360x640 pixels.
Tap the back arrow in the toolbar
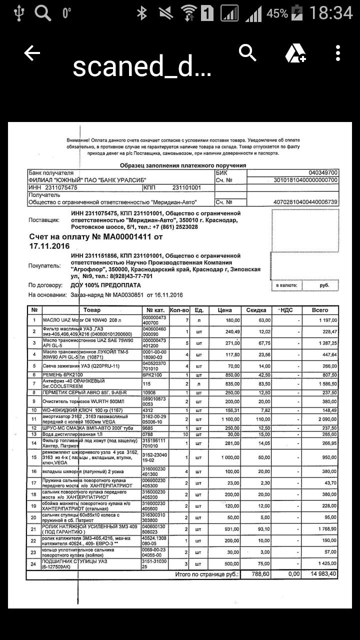tap(32, 53)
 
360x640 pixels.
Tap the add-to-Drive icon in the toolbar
tap(295, 53)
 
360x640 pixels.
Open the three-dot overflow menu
tap(338, 53)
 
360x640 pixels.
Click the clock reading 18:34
tap(331, 12)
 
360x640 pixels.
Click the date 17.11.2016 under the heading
tap(49, 246)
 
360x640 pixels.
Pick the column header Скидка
tap(256, 310)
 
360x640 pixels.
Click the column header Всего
tap(320, 310)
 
